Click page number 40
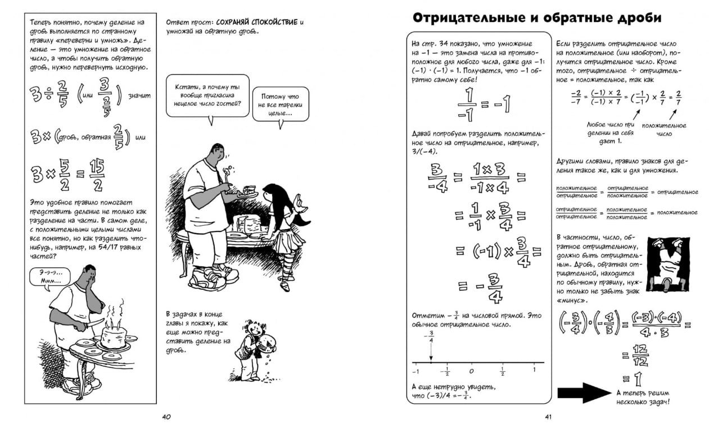(166, 417)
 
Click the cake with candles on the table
(113, 334)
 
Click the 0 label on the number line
(471, 371)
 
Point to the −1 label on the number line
(416, 371)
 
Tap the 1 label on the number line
(534, 370)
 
